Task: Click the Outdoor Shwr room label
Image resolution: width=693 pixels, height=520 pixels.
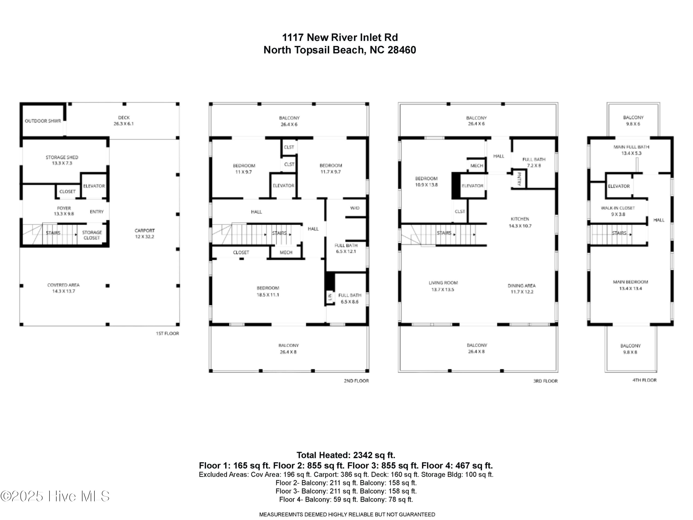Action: pos(43,121)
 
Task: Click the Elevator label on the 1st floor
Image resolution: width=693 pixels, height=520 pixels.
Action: pos(94,186)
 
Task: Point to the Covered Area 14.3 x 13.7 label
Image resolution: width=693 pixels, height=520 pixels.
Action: pos(63,288)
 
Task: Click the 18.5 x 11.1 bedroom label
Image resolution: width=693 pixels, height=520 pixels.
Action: pos(268,291)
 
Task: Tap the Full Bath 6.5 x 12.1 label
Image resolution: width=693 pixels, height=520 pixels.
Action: pos(346,248)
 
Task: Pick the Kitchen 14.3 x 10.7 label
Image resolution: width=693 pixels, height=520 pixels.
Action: pos(520,222)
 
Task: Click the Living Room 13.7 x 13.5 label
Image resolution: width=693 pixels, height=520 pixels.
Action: pos(443,286)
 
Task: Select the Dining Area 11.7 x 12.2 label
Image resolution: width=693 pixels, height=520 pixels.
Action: pos(522,288)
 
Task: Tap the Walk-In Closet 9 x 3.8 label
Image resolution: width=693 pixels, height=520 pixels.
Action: pos(618,211)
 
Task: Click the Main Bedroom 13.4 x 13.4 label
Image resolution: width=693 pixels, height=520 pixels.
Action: pos(630,285)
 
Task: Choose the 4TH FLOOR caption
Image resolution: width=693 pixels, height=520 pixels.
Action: pos(644,380)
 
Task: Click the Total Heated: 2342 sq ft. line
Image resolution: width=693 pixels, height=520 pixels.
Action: pos(346,455)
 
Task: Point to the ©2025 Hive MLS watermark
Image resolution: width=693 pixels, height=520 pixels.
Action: pos(55,496)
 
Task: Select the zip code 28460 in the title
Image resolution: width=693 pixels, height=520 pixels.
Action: pos(402,50)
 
